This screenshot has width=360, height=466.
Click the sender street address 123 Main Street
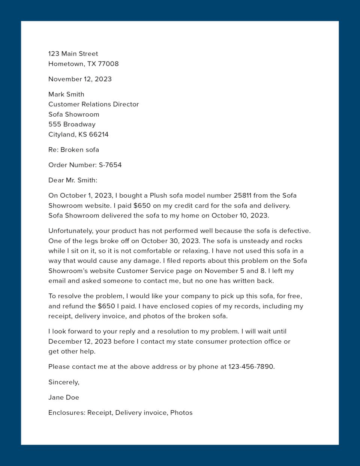point(73,54)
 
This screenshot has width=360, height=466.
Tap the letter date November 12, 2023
point(80,79)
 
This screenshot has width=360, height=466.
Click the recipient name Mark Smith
point(66,95)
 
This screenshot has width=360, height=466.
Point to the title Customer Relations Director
point(93,104)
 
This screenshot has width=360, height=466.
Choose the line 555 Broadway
point(72,125)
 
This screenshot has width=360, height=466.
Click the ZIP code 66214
point(99,134)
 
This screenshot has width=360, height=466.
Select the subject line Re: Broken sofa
point(73,150)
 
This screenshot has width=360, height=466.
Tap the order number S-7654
point(110,165)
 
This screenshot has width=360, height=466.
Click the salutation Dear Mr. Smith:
point(73,180)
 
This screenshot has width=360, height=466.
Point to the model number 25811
point(242,195)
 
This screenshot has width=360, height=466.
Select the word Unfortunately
point(70,231)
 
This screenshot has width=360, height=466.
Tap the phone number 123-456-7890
point(251,367)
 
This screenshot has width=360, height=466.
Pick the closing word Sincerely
point(63,382)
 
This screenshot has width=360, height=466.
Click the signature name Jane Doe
point(63,397)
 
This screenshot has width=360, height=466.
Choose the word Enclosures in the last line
point(66,413)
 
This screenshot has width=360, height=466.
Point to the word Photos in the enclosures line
point(181,413)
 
